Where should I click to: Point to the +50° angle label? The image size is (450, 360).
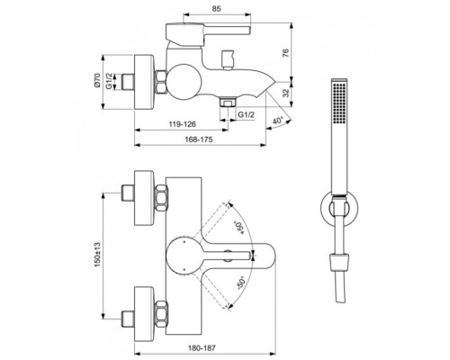238,222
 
